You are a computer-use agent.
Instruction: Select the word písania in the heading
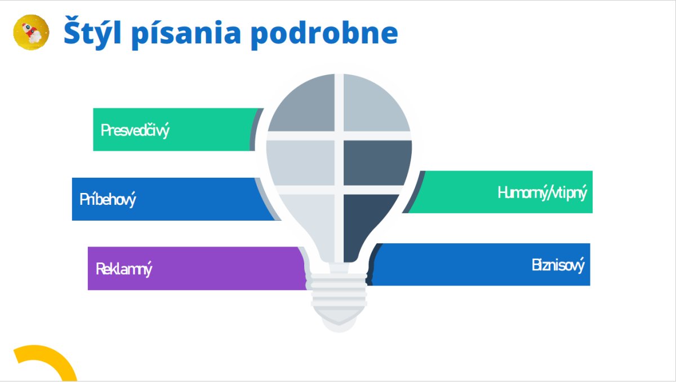(186, 33)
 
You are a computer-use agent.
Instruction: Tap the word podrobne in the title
(324, 33)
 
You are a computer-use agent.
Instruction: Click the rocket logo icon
(31, 32)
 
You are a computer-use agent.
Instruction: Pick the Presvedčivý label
(135, 130)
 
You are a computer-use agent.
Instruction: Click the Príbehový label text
(108, 199)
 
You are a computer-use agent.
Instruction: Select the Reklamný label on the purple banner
(124, 269)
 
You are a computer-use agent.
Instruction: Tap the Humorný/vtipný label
(542, 192)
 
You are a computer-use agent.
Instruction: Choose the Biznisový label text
(558, 265)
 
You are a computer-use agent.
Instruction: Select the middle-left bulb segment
(301, 163)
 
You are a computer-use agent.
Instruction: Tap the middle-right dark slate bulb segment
(377, 163)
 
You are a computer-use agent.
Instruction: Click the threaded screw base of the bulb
(339, 292)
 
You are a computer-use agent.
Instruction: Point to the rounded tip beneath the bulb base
(339, 325)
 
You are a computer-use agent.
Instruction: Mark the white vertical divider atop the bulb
(339, 103)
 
